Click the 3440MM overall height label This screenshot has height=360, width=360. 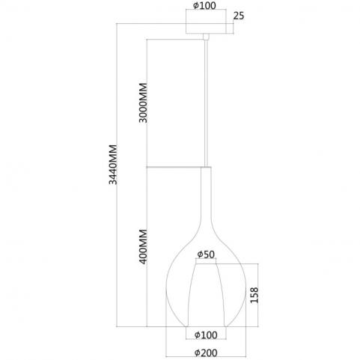113,165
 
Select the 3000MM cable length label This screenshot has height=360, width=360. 143,103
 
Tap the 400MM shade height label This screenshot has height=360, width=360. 143,247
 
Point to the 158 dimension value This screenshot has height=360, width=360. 254,295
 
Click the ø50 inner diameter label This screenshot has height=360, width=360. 206,254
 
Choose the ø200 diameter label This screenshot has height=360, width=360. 206,353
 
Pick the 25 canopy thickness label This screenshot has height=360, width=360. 239,16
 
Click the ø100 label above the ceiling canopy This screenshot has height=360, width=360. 204,6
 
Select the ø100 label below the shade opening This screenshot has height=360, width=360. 206,335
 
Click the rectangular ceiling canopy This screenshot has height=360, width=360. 206,28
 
